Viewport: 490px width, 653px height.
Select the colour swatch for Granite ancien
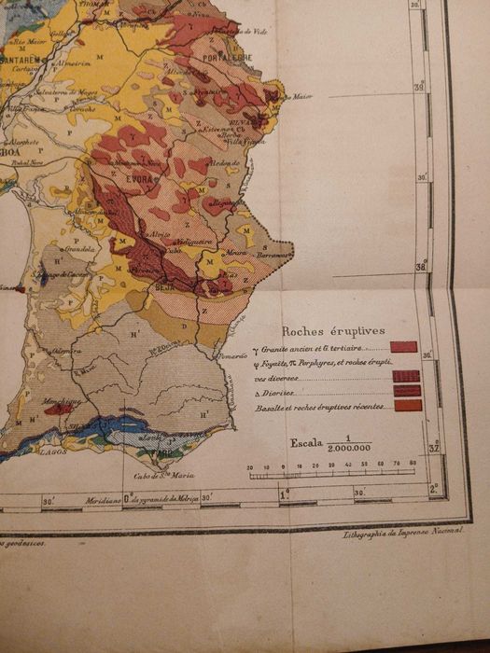403,347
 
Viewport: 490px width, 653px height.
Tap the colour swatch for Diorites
407,391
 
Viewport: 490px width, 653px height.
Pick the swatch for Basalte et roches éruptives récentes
408,406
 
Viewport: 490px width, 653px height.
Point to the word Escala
307,442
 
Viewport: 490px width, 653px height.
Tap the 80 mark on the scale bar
413,465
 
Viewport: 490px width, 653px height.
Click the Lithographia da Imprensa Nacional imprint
399,533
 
